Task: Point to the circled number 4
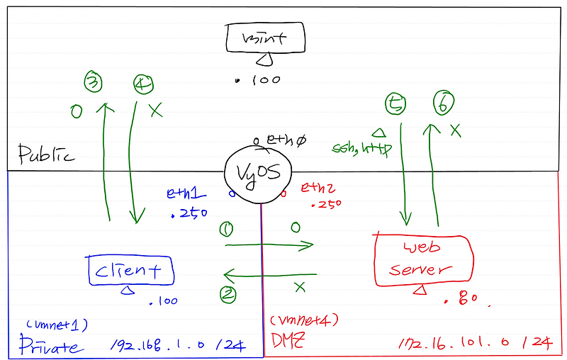coord(142,84)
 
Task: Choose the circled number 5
coord(396,105)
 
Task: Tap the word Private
coord(50,347)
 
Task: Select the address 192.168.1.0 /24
coord(177,347)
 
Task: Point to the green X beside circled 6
coord(456,130)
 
